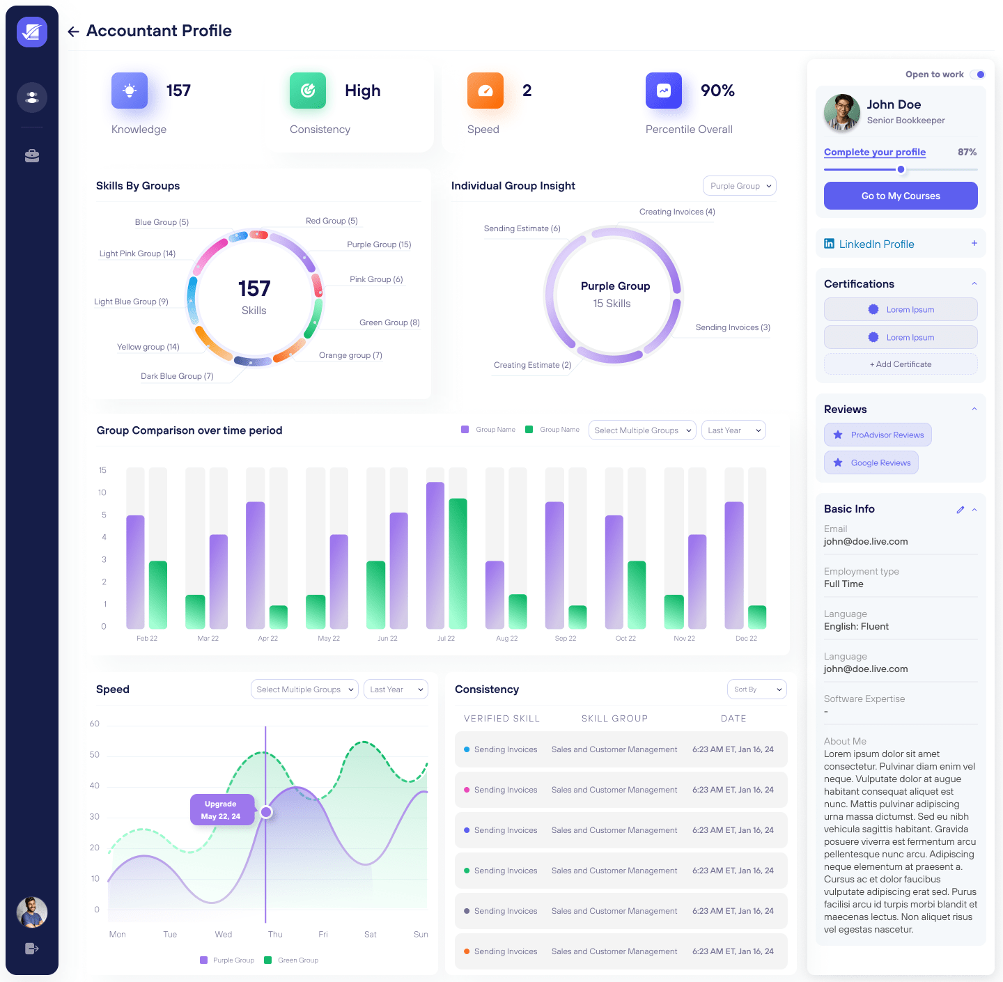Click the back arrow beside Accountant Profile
[x=73, y=31]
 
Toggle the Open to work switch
[x=978, y=75]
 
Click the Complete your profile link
[x=874, y=152]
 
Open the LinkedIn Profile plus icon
[x=974, y=243]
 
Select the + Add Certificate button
[x=900, y=364]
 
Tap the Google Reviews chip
[x=871, y=462]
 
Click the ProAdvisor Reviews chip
[x=878, y=435]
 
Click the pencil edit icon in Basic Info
[x=960, y=510]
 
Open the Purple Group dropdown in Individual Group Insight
[x=739, y=186]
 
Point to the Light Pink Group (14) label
[x=137, y=254]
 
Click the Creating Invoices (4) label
[x=677, y=212]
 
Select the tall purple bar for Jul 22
[x=435, y=555]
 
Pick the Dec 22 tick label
[x=746, y=638]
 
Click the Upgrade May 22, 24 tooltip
[x=221, y=810]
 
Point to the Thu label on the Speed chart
[x=275, y=935]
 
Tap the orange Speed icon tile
[x=485, y=91]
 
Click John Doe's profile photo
[x=841, y=112]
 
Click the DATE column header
[x=733, y=719]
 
